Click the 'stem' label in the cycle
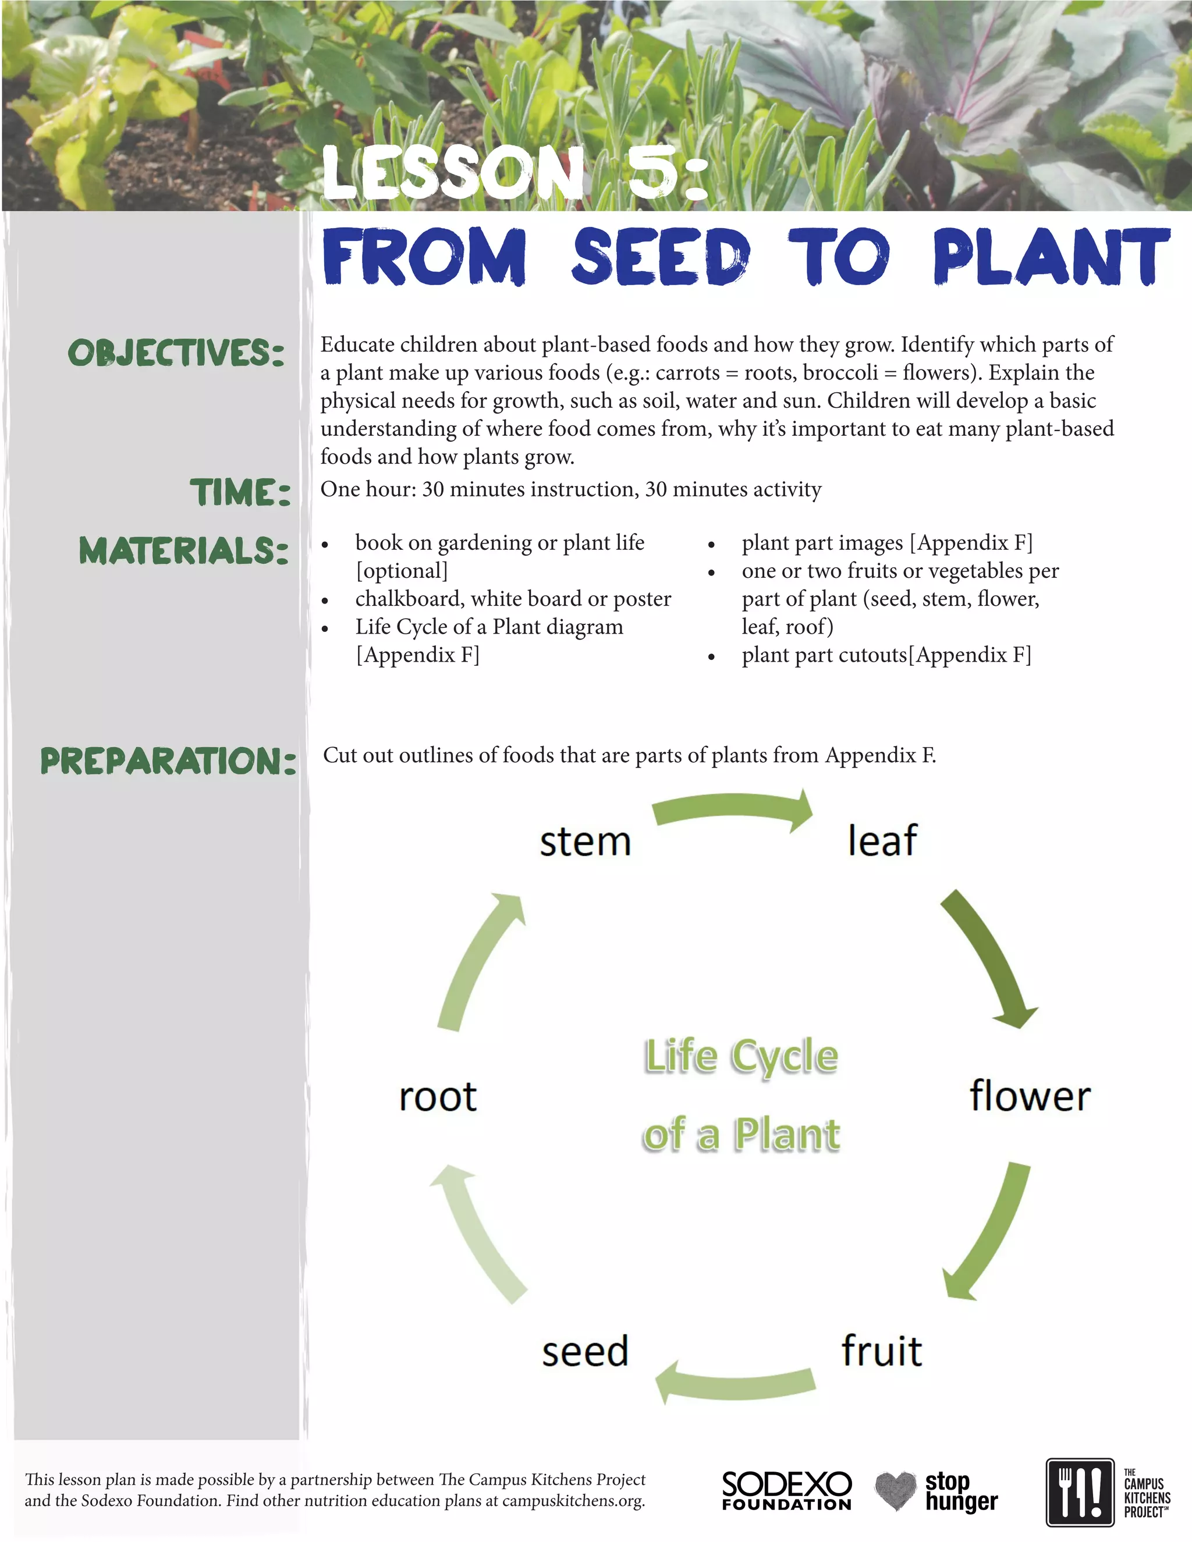coord(585,841)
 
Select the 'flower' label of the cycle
coord(1030,1095)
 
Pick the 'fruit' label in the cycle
coord(881,1351)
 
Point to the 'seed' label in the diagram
coord(585,1351)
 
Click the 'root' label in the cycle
coord(438,1096)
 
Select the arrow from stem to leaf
coord(733,811)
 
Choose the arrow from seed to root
coord(477,1232)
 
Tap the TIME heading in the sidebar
coord(240,492)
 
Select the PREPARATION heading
coord(168,761)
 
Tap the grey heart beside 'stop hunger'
coord(895,1490)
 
